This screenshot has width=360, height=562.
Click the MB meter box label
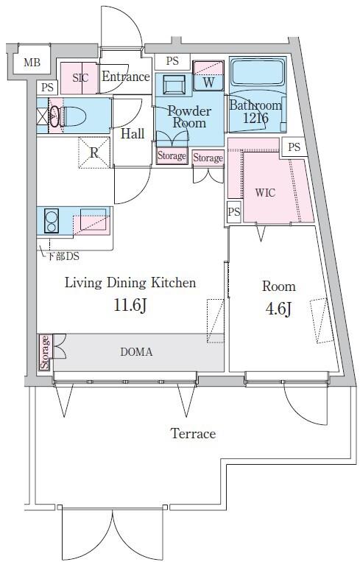(x=32, y=63)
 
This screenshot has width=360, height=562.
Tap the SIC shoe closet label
(x=80, y=78)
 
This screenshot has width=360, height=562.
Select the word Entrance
(x=126, y=77)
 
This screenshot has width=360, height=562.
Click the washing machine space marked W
(x=208, y=76)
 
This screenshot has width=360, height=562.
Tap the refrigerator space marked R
(x=93, y=152)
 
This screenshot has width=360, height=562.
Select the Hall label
(x=133, y=134)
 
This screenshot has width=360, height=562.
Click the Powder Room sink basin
(x=174, y=85)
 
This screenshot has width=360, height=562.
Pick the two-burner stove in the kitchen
(x=52, y=221)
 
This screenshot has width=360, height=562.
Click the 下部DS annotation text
(x=63, y=256)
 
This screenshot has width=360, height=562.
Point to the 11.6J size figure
(x=130, y=306)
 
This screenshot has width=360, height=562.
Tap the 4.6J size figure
(x=278, y=309)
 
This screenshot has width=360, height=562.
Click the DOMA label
(x=136, y=352)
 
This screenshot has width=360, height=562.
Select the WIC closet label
(x=265, y=192)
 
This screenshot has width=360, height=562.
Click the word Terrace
(x=193, y=433)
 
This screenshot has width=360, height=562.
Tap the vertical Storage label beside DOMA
(x=45, y=352)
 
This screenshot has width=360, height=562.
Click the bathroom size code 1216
(x=255, y=118)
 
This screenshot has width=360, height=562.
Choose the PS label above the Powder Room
(x=172, y=61)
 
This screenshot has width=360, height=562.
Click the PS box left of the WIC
(x=234, y=211)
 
